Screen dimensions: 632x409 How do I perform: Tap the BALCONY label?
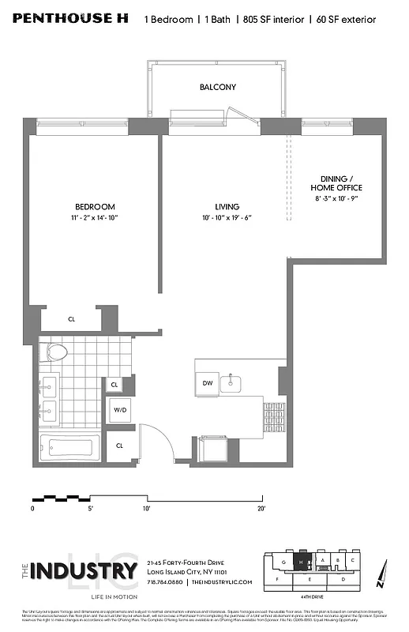point(217,87)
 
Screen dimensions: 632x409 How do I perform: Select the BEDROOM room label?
point(95,207)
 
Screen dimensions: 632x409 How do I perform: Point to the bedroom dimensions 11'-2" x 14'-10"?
point(95,218)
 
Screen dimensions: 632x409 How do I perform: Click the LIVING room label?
point(226,207)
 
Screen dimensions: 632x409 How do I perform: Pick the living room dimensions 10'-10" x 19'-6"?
point(226,218)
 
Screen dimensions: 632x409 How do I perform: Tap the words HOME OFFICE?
point(336,188)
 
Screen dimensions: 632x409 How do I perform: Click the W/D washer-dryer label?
point(119,410)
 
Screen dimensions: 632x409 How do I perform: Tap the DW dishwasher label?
point(208,383)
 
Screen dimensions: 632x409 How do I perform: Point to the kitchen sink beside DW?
point(231,384)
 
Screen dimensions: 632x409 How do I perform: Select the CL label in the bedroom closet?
point(71,319)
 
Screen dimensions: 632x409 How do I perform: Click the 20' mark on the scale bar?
point(261,510)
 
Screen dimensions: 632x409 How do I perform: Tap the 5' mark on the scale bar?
point(91,510)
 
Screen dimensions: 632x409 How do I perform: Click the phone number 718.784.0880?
point(165,582)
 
